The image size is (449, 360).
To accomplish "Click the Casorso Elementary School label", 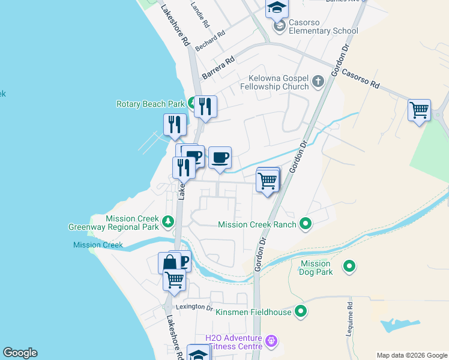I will [323, 31].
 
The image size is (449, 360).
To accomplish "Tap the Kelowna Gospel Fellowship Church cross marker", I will [318, 81].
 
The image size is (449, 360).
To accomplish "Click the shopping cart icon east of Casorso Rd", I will [419, 110].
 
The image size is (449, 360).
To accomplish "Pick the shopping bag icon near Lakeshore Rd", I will [169, 263].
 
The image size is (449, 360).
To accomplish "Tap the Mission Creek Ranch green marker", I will [306, 224].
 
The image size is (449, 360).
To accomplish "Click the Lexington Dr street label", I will [193, 307].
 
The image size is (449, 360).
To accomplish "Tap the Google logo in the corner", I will [20, 353].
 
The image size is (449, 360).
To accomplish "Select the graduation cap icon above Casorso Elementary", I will [277, 8].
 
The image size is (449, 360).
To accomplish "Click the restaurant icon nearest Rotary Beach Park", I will [205, 107].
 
